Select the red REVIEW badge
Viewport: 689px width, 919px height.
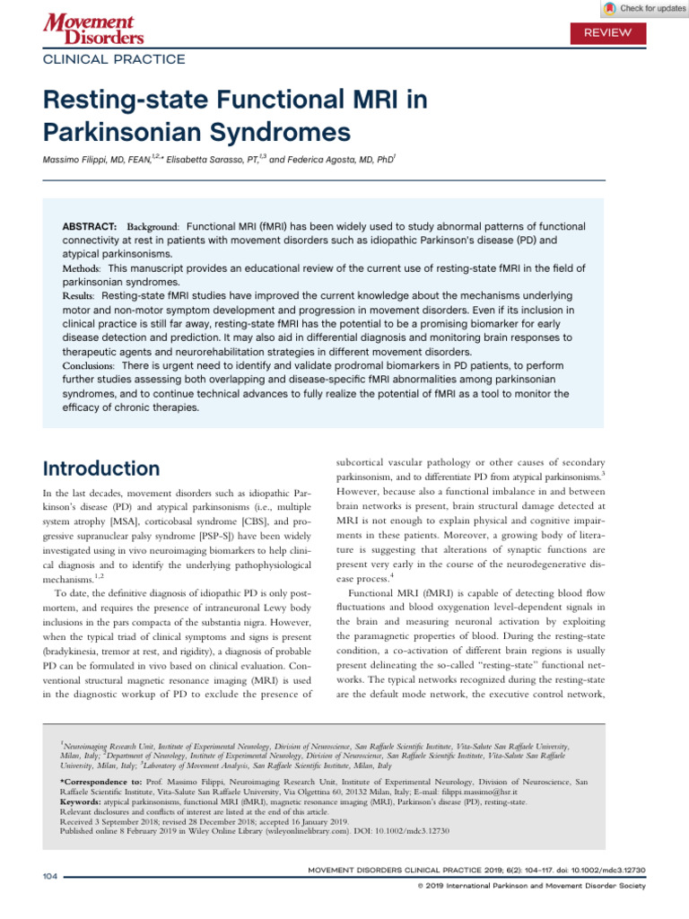[607, 32]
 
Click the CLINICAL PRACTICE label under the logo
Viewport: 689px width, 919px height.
[115, 59]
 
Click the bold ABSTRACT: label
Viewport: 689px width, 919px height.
[90, 227]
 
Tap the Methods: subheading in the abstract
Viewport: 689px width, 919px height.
[81, 268]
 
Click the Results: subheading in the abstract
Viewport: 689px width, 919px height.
[78, 295]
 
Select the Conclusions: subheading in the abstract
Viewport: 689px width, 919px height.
[88, 366]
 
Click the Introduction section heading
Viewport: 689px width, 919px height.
[101, 468]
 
